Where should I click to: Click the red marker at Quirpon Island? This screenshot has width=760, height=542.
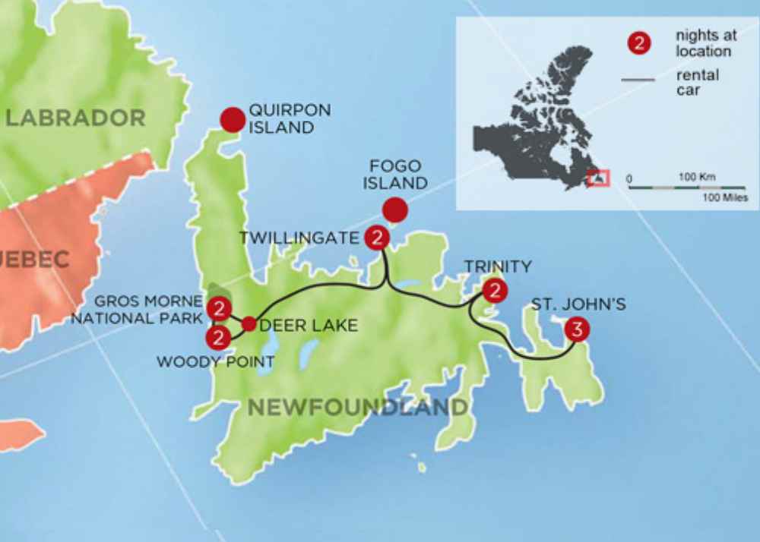(x=233, y=119)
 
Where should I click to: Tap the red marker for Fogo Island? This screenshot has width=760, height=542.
(x=394, y=210)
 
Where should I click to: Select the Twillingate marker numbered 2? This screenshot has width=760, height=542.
(x=377, y=238)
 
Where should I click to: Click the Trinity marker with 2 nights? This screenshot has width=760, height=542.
(x=495, y=291)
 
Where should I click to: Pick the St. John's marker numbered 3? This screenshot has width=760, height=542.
(x=577, y=330)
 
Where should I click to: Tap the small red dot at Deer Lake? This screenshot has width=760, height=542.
(x=249, y=324)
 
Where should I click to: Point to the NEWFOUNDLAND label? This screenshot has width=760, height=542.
(x=358, y=408)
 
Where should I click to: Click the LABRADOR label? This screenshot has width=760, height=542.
(x=75, y=118)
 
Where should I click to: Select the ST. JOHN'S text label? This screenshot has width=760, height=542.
(x=578, y=305)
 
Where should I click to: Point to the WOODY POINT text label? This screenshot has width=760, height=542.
(x=215, y=362)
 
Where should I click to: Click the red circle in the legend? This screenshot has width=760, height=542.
(x=639, y=44)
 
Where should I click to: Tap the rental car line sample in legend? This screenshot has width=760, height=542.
(x=638, y=79)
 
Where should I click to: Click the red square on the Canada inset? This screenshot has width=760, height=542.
(x=599, y=178)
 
